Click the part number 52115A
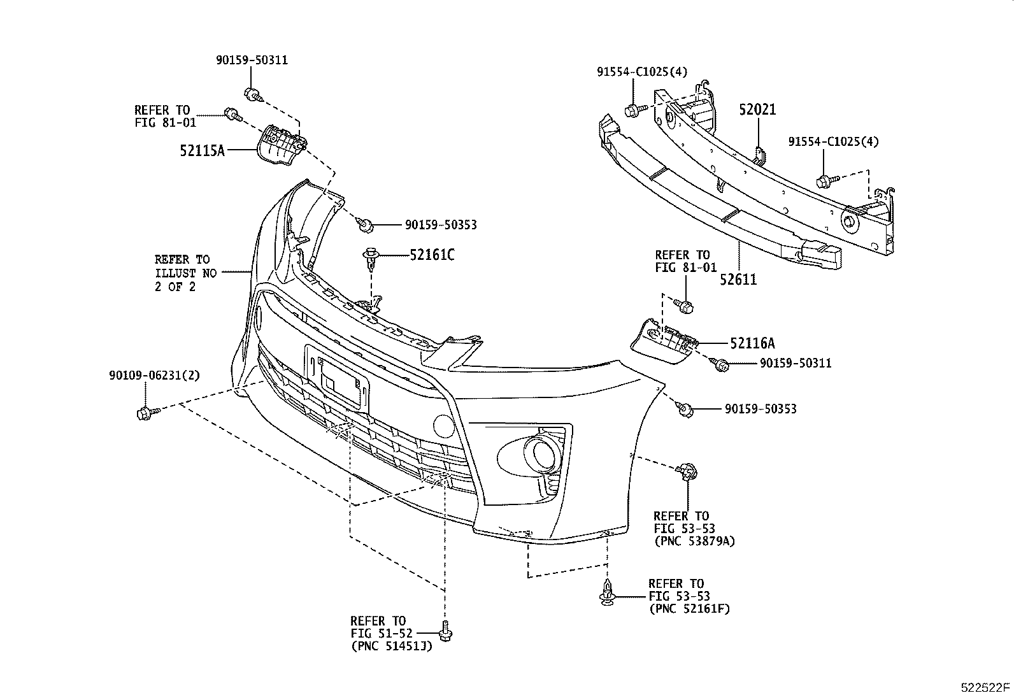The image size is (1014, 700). point(203,151)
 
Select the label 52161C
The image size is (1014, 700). point(432,255)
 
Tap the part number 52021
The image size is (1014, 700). point(757,110)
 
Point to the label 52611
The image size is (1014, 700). point(739,279)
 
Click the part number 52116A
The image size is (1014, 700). point(752,343)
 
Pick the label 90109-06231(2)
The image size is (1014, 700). point(154,376)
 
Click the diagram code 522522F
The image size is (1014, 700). point(985,687)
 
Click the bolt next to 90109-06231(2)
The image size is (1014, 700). point(144,413)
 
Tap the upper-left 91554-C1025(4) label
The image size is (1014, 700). point(641,72)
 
